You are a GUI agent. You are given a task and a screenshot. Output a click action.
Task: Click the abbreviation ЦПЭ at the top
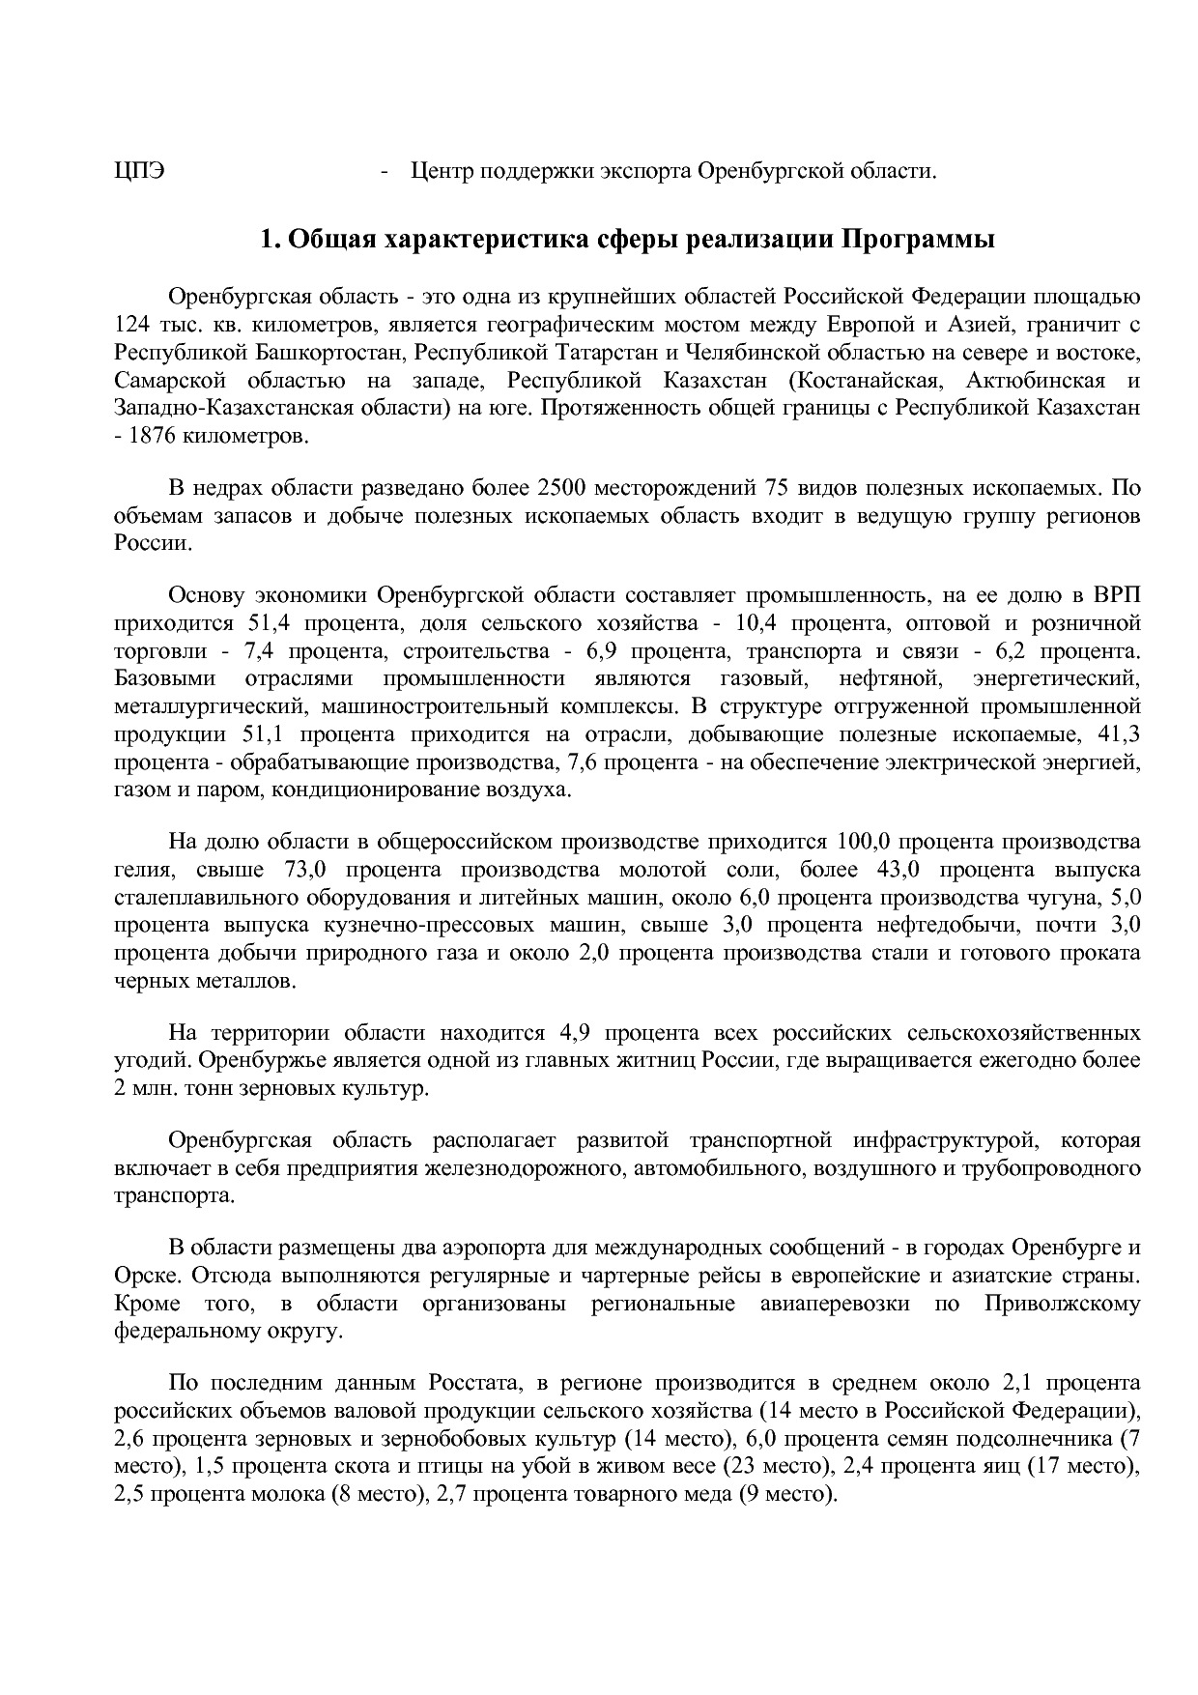point(138,172)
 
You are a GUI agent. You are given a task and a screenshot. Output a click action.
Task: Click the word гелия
point(138,869)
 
